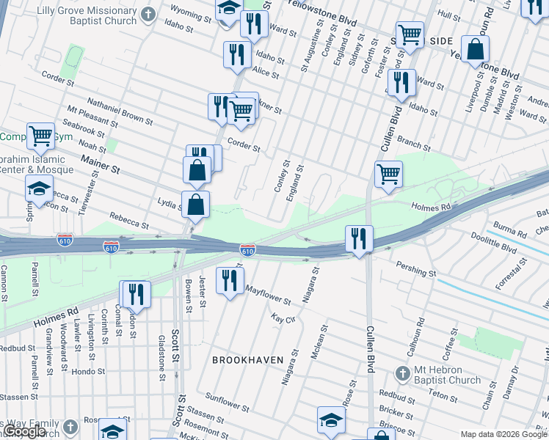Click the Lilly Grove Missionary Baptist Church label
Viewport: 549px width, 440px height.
[x=81, y=14]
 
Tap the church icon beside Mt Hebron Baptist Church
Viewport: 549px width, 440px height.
[x=401, y=374]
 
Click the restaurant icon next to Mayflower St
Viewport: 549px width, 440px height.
[x=230, y=280]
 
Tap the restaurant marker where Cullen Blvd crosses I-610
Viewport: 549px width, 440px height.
[x=359, y=238]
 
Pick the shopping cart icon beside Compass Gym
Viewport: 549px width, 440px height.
[x=40, y=135]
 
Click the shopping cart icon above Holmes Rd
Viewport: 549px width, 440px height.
[x=388, y=175]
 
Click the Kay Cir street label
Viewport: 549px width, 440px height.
[x=283, y=319]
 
